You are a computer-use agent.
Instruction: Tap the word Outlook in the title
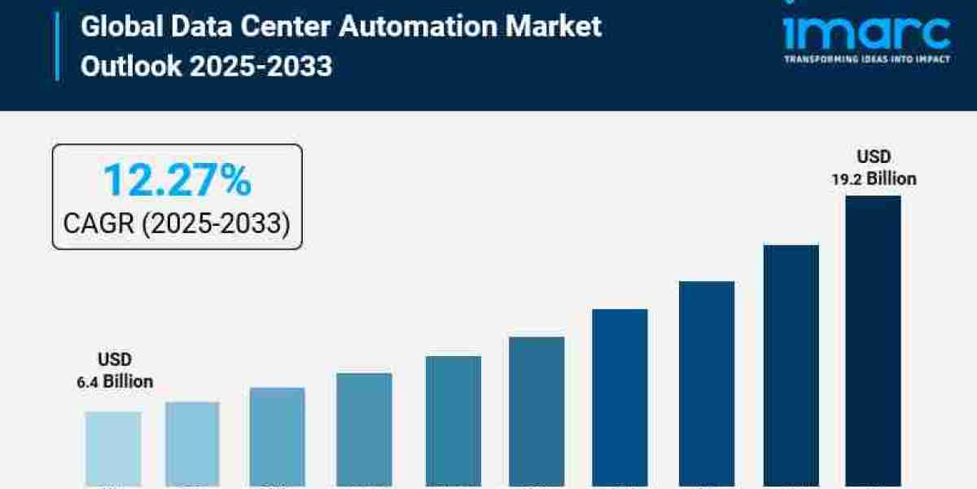(x=131, y=66)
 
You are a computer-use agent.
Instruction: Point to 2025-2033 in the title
(x=261, y=66)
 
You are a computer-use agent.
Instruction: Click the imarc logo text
(x=866, y=33)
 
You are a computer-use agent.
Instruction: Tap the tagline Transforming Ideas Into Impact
(x=866, y=59)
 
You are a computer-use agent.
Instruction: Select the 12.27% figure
(x=177, y=180)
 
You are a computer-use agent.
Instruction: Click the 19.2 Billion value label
(x=874, y=179)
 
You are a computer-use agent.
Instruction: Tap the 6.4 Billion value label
(x=115, y=381)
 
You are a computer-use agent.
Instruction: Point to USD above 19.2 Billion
(x=874, y=156)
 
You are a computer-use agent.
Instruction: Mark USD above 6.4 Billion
(x=115, y=359)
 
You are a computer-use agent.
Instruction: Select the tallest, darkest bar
(x=873, y=342)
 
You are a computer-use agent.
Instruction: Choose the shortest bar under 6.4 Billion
(x=113, y=448)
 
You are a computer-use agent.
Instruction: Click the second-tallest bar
(x=791, y=367)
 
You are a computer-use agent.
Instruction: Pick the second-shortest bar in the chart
(x=192, y=444)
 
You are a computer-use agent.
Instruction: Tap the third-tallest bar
(x=707, y=383)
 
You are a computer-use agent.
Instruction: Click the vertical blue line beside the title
(x=58, y=46)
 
